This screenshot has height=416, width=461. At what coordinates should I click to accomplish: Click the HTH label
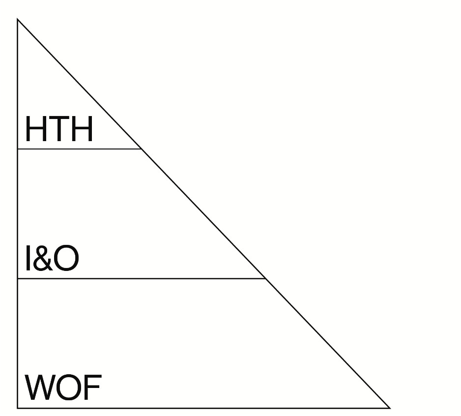[x=59, y=129]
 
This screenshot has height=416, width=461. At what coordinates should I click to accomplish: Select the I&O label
[x=52, y=259]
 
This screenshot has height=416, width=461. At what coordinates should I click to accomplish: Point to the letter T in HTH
[x=59, y=129]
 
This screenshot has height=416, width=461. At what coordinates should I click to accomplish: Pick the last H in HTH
[x=81, y=129]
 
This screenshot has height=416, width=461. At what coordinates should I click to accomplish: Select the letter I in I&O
[x=28, y=259]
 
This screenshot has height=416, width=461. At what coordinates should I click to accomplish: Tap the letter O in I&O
[x=66, y=259]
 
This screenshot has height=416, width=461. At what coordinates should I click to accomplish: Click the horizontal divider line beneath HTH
[x=79, y=149]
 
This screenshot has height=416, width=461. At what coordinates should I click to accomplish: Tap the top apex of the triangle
[x=18, y=19]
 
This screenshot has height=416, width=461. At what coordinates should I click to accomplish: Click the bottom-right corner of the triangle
[x=389, y=408]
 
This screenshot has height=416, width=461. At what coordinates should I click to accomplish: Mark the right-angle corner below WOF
[x=18, y=408]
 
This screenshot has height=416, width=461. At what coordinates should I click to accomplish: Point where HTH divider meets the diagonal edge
[x=141, y=149]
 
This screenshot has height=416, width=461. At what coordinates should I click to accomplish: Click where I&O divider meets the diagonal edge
[x=265, y=278]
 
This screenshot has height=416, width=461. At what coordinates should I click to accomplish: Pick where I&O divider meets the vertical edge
[x=18, y=278]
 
